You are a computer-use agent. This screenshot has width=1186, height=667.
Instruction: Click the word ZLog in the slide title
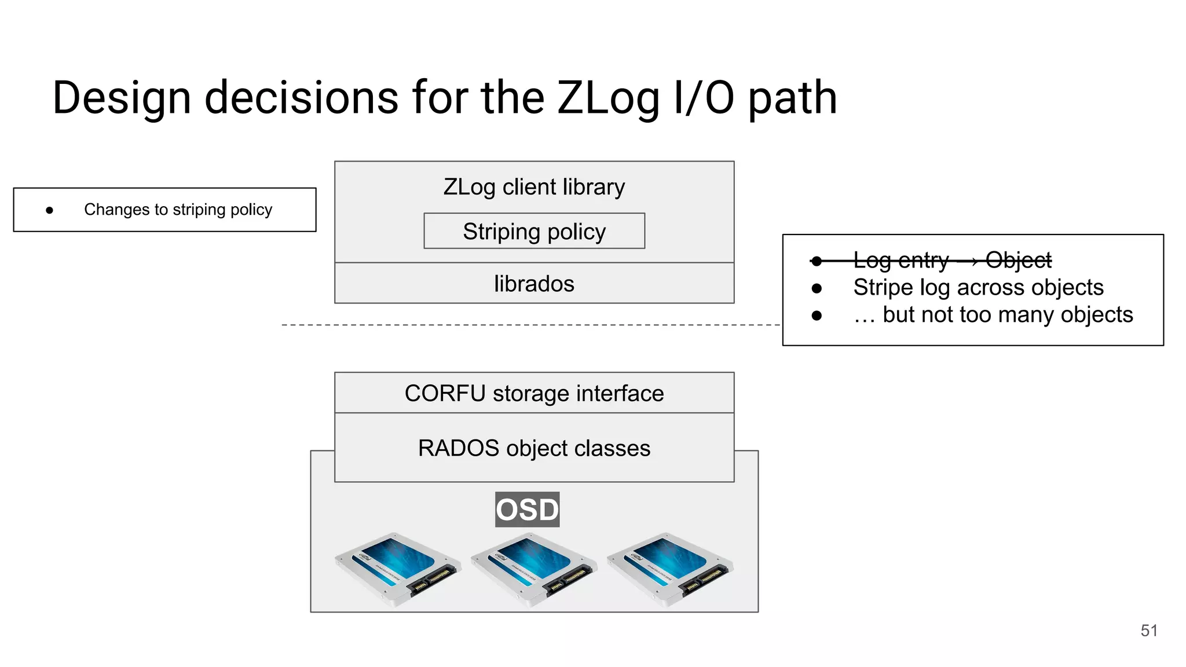pos(608,98)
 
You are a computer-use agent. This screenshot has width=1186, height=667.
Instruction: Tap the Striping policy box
pos(534,231)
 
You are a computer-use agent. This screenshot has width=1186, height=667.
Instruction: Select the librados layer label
pos(534,284)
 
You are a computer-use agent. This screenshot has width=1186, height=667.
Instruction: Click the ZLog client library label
pos(534,187)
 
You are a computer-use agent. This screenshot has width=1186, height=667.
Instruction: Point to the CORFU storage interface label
pos(534,393)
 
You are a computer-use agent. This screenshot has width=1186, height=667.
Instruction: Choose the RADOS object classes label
pos(534,448)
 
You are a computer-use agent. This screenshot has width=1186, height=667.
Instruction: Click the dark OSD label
pos(527,510)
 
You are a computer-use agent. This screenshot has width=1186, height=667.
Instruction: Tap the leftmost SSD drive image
pos(398,569)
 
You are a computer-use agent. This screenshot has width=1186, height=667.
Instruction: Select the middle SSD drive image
pos(534,569)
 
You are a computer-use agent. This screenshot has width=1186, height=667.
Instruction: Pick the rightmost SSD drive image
pos(670,569)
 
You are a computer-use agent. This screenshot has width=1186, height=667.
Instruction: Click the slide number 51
pos(1149,631)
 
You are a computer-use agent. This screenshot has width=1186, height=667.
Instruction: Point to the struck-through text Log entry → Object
pos(952,261)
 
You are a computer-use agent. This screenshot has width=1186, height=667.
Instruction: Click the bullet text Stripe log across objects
pos(978,288)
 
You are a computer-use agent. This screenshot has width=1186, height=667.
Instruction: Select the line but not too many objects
pos(993,315)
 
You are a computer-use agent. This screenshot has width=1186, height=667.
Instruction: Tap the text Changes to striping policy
pos(178,210)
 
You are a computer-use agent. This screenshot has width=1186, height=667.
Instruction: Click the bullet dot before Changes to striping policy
pos(50,210)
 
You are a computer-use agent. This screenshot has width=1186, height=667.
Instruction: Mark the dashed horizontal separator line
pos(521,325)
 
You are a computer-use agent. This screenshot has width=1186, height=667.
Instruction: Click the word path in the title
pos(792,98)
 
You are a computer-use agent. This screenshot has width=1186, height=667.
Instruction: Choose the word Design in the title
pos(122,98)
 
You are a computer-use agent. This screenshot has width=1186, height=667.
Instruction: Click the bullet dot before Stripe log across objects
pos(817,288)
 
